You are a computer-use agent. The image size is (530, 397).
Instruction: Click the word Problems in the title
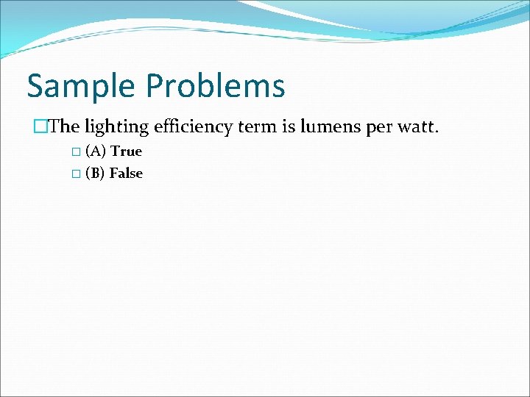pyautogui.click(x=215, y=86)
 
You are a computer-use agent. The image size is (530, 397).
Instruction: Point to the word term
pyautogui.click(x=258, y=126)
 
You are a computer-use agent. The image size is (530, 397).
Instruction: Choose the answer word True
pyautogui.click(x=126, y=151)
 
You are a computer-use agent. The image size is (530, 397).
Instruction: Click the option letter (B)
pyautogui.click(x=95, y=174)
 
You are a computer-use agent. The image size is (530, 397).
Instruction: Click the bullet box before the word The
pyautogui.click(x=40, y=126)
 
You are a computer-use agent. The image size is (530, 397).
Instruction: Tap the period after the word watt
pyautogui.click(x=437, y=132)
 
